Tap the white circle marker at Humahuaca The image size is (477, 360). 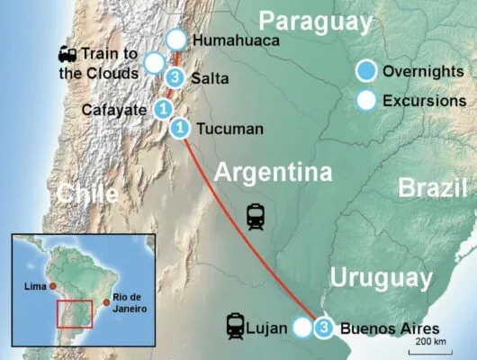click(176, 40)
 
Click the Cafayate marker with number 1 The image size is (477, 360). click(163, 109)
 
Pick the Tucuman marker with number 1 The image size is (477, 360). click(179, 129)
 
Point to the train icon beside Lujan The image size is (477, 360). click(237, 325)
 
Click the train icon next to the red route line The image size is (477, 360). click(256, 217)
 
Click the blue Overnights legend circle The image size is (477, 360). click(365, 70)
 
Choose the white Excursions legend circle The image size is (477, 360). click(365, 100)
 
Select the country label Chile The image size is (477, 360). click(86, 193)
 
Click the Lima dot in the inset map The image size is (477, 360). click(53, 286)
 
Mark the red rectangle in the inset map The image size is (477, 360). click(74, 314)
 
